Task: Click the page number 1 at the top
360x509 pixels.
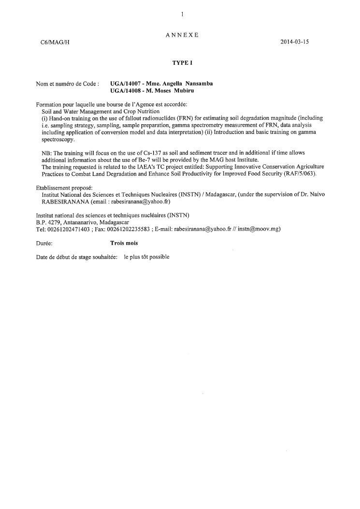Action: (182, 15)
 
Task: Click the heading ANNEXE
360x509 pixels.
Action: (182, 35)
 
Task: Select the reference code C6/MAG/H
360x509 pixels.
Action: (55, 42)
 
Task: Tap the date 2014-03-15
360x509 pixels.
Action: (294, 42)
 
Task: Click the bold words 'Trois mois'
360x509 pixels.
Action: (124, 243)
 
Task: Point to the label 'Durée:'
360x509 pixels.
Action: (44, 243)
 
